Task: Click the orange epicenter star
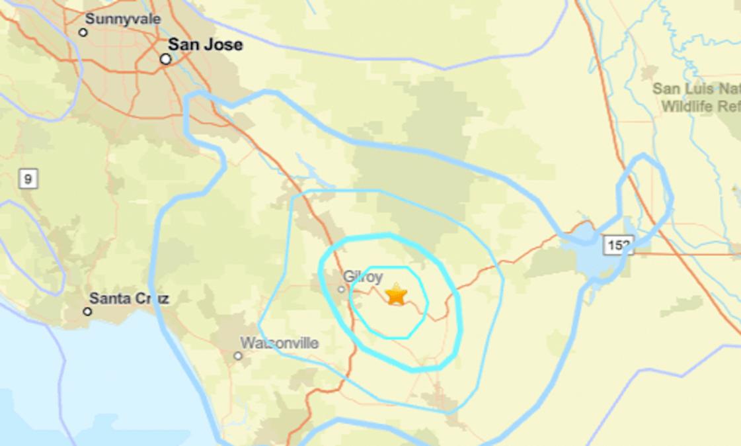point(396,294)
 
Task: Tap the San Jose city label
point(205,45)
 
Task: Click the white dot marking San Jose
point(166,59)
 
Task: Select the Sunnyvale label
point(123,19)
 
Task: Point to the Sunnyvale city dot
point(83,32)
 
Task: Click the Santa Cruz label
point(130,298)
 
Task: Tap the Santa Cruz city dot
point(87,311)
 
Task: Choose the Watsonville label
point(280,343)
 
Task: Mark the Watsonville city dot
point(238,356)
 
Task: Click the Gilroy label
point(363,277)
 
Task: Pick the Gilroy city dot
point(342,289)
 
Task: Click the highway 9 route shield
point(28,179)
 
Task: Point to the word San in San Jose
point(182,45)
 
